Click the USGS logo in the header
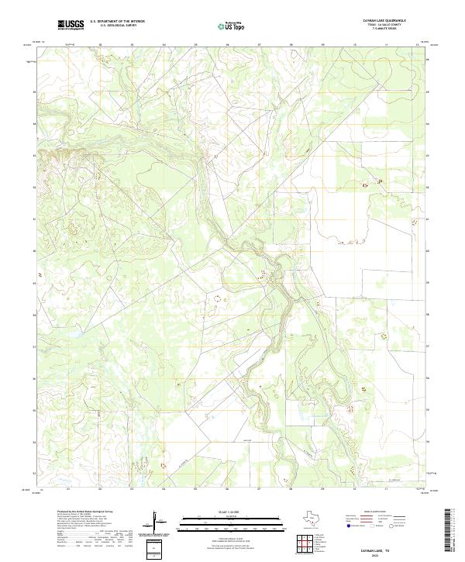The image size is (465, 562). [71, 25]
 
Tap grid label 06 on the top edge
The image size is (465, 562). [227, 45]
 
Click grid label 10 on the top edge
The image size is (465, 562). [353, 45]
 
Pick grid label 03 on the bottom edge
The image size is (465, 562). [132, 489]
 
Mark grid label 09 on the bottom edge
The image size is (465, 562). [322, 489]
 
